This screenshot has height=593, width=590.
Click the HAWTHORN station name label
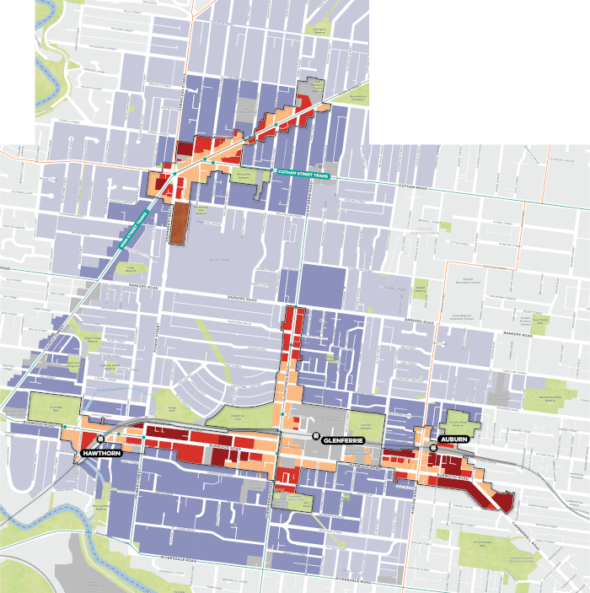point(98,454)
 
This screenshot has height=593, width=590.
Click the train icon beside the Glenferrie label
point(316,436)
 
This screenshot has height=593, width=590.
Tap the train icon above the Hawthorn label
point(99,440)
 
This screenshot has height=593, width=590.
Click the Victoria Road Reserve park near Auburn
point(461,415)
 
